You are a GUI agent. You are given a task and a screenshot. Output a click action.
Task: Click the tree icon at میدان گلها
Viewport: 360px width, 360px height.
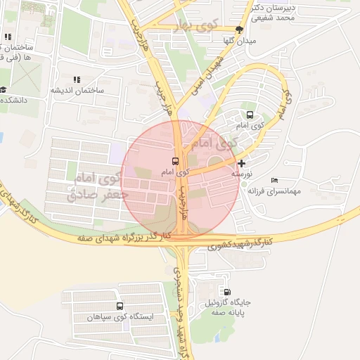point(240,30)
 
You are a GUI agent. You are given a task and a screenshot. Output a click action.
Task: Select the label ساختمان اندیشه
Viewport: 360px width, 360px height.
point(76,91)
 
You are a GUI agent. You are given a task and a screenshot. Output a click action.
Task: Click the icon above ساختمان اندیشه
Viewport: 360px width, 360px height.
point(76,80)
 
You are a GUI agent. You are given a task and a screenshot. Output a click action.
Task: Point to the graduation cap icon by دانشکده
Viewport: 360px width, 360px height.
point(4,90)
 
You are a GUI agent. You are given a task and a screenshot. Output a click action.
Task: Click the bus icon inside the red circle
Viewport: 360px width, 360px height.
point(176,161)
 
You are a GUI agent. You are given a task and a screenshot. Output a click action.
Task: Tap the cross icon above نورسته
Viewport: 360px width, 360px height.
point(243,163)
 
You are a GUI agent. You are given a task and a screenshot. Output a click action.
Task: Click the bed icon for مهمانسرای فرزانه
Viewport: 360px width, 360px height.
point(274,181)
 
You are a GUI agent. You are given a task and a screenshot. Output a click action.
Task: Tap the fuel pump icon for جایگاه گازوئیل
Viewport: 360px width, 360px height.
point(226,292)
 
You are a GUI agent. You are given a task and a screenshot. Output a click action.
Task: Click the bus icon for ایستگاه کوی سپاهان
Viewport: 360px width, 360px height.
point(120,307)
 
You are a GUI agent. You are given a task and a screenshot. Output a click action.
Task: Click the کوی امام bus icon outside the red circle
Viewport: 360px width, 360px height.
point(249,115)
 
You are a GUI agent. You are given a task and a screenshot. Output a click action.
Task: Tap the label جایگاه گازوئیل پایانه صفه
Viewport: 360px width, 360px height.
point(227,307)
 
